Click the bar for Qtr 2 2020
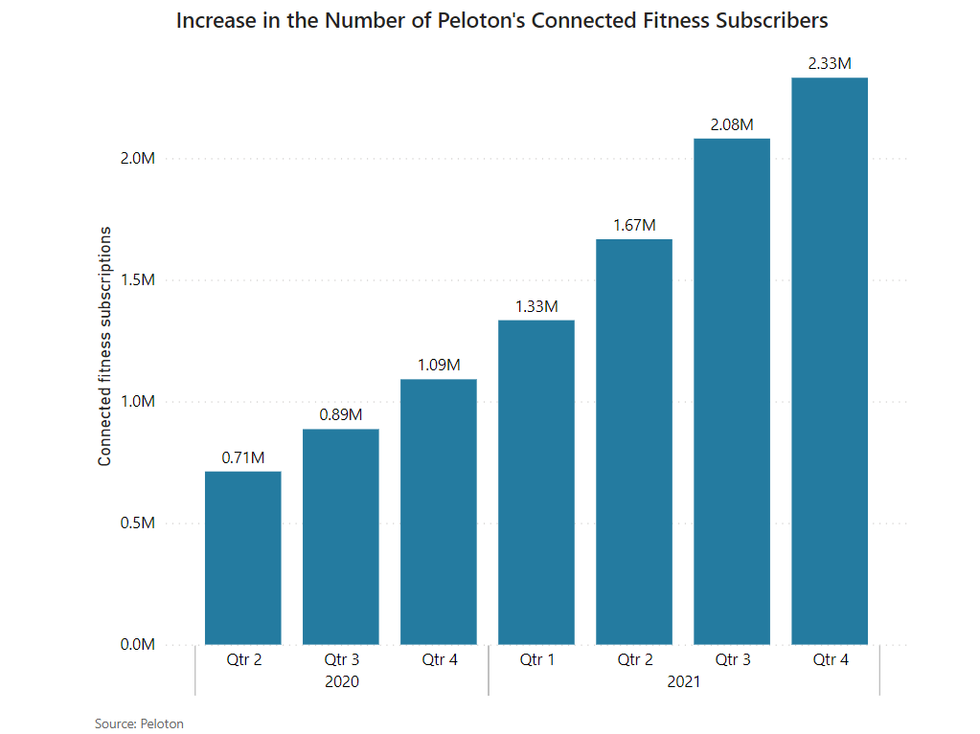(x=243, y=558)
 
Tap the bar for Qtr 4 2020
(x=439, y=512)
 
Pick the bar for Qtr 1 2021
(x=536, y=482)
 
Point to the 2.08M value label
(x=732, y=124)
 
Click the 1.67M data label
(x=634, y=225)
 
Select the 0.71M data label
(x=243, y=457)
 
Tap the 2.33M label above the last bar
(x=830, y=63)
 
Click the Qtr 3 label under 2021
(x=732, y=659)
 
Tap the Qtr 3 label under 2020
(x=341, y=659)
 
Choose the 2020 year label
(x=341, y=682)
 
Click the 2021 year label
(x=684, y=682)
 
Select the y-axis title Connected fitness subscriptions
(x=105, y=346)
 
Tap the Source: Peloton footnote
(x=139, y=723)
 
